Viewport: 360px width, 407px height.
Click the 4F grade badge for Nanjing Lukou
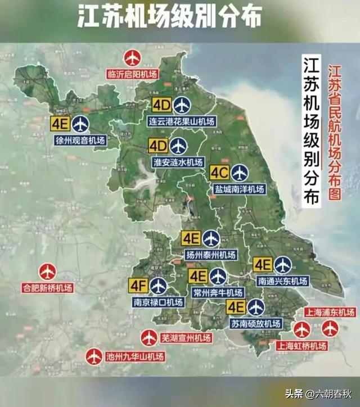coord(138,286)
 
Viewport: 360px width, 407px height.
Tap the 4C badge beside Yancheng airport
coord(219,173)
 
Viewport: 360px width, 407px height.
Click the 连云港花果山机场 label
coord(182,121)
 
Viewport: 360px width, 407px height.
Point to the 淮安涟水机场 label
coord(178,162)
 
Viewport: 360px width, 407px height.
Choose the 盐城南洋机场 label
coord(239,189)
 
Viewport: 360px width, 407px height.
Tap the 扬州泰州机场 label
coord(211,255)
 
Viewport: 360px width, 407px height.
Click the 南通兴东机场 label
coord(282,281)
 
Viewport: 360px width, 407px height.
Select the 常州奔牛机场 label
coord(217,292)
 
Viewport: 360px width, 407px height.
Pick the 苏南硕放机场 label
coord(256,324)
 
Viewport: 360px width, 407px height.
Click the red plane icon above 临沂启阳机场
coord(132,58)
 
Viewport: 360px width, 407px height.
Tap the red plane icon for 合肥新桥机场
coord(48,272)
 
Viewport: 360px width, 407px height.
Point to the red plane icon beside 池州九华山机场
coord(94,356)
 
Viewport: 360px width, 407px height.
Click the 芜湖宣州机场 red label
coord(186,338)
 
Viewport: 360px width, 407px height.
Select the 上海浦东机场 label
coord(330,313)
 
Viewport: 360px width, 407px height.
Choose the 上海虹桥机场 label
coord(301,346)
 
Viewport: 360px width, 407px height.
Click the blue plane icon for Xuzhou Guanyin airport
coord(80,124)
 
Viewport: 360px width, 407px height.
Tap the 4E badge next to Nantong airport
coord(263,264)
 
